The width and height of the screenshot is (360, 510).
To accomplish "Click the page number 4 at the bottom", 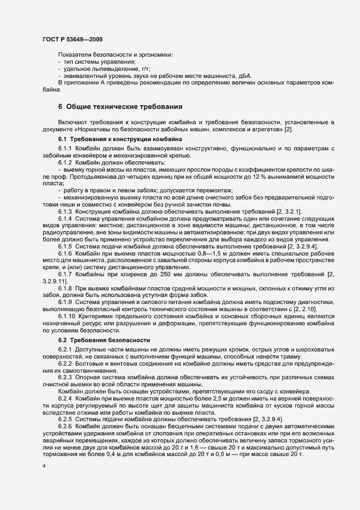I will (44, 467).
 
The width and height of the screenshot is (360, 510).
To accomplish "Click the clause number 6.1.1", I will (65, 149).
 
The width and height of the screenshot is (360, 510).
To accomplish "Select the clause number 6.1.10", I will (67, 316).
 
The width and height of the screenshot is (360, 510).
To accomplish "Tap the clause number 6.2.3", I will (65, 377).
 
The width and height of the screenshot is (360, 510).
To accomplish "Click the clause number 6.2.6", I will (65, 426).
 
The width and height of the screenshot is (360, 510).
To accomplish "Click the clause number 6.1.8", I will (65, 288).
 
